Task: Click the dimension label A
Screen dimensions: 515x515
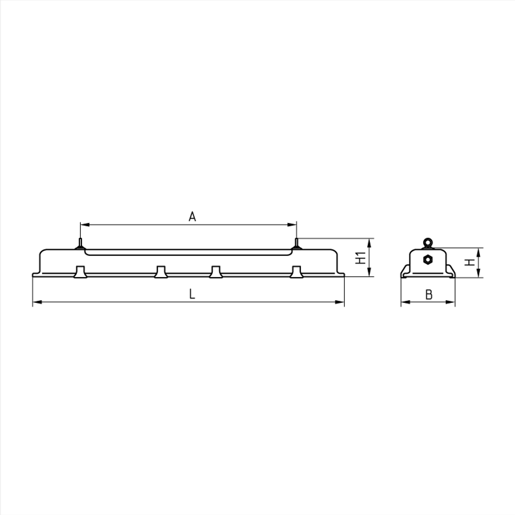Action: (192, 217)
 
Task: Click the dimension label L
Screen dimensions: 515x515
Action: (192, 294)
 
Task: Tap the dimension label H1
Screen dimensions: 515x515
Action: (361, 257)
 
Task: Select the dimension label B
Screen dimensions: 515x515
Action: (428, 295)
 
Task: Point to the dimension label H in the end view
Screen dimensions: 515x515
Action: (469, 262)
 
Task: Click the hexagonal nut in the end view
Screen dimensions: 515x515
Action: (427, 259)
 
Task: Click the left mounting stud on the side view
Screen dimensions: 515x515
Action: (80, 243)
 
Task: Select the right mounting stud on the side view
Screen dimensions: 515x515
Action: (296, 243)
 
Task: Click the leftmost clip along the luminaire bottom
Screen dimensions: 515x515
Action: (80, 272)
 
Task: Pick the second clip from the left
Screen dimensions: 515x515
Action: (160, 272)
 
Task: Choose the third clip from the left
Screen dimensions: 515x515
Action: (215, 272)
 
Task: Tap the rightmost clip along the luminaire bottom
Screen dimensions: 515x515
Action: (296, 272)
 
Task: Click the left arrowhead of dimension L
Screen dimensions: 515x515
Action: (36, 302)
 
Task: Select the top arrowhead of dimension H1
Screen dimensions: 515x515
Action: (370, 242)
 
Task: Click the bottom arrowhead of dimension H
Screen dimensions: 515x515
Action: (479, 275)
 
